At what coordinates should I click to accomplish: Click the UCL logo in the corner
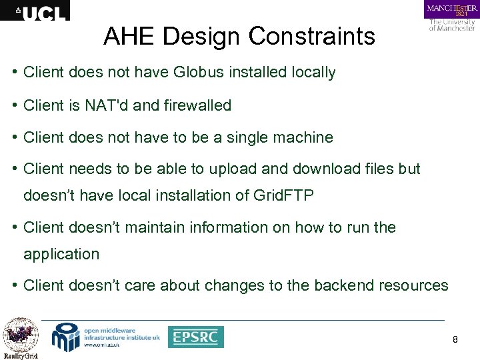[35, 10]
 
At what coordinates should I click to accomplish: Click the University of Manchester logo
[451, 16]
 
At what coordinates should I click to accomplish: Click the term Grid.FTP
[286, 196]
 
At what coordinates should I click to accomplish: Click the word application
[61, 255]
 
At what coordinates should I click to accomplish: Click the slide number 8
[455, 340]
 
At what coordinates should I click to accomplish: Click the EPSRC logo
[195, 337]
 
